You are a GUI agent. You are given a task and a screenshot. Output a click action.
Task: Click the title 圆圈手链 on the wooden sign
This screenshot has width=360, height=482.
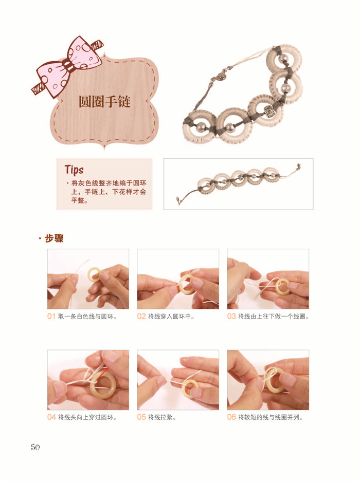[104, 101]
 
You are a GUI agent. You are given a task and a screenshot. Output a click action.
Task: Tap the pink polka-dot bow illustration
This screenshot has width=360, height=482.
[68, 67]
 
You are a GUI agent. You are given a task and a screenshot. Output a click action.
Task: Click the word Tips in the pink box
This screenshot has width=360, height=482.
[74, 170]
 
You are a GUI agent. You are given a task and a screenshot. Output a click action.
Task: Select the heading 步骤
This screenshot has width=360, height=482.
[54, 238]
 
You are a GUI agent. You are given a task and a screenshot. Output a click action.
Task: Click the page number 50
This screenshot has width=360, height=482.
[35, 447]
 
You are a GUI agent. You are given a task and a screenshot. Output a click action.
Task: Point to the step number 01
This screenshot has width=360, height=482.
[51, 317]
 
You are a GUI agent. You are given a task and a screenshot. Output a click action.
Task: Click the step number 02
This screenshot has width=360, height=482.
[141, 317]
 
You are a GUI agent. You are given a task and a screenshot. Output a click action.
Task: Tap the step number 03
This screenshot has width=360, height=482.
[231, 317]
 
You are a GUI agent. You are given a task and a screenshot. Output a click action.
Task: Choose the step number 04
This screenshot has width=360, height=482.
[51, 417]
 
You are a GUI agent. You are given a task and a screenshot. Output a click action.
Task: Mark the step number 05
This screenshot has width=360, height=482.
[141, 417]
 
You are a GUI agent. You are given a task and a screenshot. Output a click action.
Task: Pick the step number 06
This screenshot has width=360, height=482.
[231, 417]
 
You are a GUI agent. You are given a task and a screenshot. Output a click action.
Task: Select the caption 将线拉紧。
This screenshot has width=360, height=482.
[162, 417]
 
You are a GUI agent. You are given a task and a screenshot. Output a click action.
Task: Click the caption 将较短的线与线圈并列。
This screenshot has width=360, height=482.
[271, 417]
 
